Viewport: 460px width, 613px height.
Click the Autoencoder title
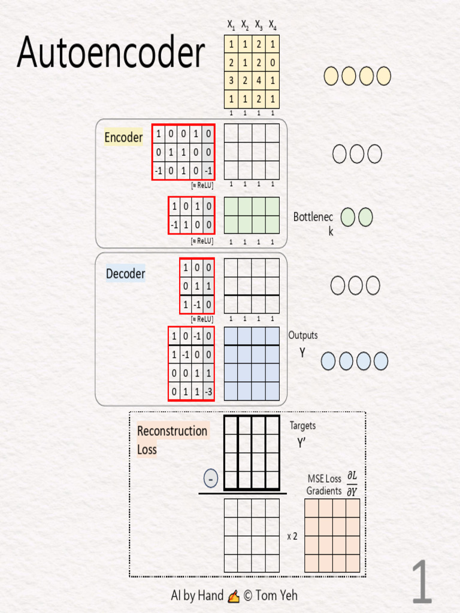click(111, 51)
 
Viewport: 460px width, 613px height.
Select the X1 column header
click(231, 25)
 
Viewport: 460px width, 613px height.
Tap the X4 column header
click(273, 25)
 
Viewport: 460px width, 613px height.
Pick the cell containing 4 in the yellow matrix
click(259, 81)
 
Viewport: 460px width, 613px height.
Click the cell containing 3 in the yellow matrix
click(231, 81)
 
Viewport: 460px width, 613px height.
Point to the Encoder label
click(123, 137)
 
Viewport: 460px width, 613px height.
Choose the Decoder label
click(126, 273)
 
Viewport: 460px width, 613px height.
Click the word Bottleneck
click(313, 223)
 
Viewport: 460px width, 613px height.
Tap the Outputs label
click(302, 335)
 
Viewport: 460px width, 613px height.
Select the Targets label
click(302, 426)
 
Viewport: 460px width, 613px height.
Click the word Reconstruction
click(172, 431)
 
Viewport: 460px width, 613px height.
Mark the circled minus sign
click(210, 478)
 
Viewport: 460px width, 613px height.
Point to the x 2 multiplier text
click(292, 536)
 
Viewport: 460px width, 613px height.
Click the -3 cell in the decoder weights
click(208, 392)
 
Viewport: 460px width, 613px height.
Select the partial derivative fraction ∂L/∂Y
click(352, 484)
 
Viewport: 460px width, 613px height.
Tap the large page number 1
click(422, 581)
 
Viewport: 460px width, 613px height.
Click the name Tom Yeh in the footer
click(276, 596)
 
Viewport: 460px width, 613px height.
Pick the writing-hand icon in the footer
click(234, 596)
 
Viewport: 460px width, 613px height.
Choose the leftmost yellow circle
click(331, 76)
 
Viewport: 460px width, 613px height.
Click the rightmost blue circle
click(380, 361)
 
